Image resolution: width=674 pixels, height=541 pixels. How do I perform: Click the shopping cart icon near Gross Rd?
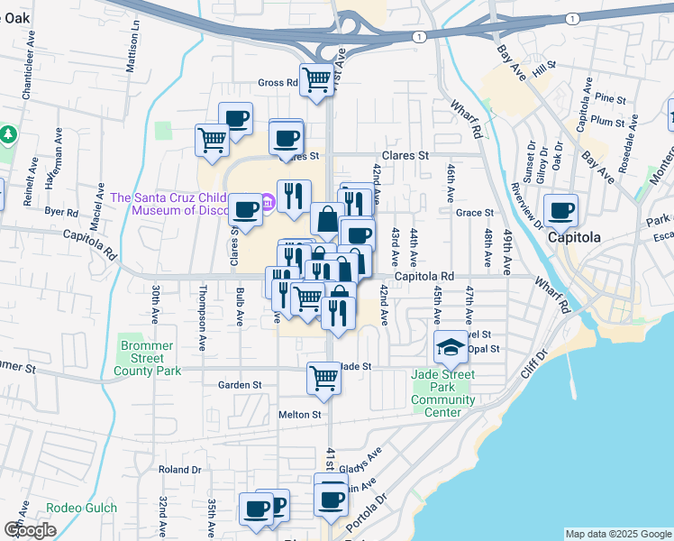(x=316, y=79)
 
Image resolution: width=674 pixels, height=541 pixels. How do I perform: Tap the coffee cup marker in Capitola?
(x=560, y=211)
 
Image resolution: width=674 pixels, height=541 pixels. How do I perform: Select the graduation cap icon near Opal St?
(x=450, y=346)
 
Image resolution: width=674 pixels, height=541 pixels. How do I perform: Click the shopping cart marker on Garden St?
(x=323, y=379)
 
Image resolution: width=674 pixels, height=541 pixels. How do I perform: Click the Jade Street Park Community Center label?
(x=443, y=393)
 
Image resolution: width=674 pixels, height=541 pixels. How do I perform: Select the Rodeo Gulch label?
(x=82, y=508)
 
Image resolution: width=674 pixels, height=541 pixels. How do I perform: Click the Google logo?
(x=30, y=529)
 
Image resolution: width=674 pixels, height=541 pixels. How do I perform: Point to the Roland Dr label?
(x=179, y=470)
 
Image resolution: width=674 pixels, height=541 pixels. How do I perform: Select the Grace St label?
(x=475, y=213)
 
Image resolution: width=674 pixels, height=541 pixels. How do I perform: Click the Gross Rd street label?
(x=278, y=83)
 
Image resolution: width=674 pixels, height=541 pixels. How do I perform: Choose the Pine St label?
(x=610, y=98)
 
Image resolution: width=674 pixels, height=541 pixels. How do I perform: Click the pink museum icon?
(x=268, y=200)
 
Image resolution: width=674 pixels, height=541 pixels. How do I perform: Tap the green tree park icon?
(x=9, y=134)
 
